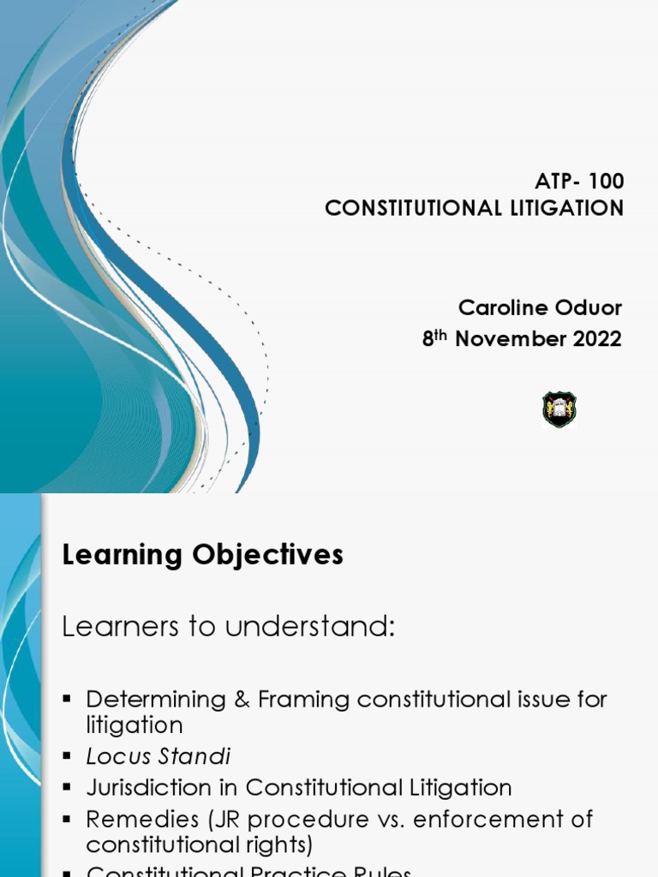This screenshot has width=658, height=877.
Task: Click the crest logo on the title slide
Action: pos(559,409)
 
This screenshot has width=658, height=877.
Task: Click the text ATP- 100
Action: pos(579,182)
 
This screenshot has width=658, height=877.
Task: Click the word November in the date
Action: pos(505,338)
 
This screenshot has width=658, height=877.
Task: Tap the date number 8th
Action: pos(434,337)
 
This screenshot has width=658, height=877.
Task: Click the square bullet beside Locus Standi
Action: pos(66,757)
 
